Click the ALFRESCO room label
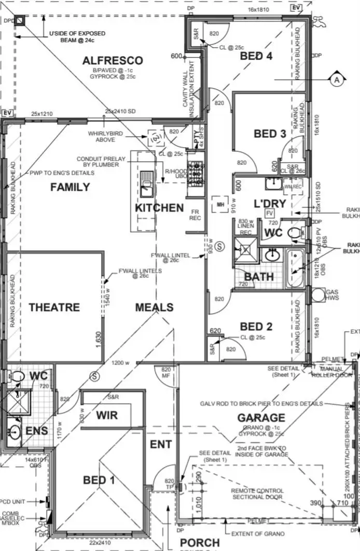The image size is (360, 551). (x=113, y=61)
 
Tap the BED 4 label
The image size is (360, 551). (x=256, y=56)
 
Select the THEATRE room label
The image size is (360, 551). (x=54, y=307)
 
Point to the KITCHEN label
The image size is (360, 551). (x=159, y=208)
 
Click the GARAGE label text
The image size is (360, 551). (x=261, y=417)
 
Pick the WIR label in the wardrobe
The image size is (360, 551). (x=107, y=415)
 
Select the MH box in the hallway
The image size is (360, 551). (x=220, y=204)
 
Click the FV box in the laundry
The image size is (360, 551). (x=269, y=213)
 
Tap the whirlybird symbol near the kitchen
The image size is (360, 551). (x=155, y=137)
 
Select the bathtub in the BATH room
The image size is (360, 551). (x=296, y=268)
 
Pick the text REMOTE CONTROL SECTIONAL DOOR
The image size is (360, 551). (x=258, y=494)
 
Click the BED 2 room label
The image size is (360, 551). (x=256, y=327)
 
